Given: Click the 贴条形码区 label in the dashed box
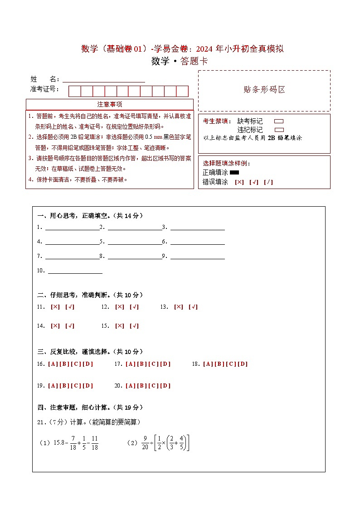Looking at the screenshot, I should pyautogui.click(x=264, y=90).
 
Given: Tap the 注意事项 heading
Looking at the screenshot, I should pyautogui.click(x=109, y=104).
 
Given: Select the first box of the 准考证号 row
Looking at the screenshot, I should pyautogui.click(x=74, y=91).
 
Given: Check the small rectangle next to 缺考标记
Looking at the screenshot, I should pyautogui.click(x=279, y=121).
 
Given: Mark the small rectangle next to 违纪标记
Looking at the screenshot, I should pyautogui.click(x=279, y=130).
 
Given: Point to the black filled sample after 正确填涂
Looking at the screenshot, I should pyautogui.click(x=234, y=172).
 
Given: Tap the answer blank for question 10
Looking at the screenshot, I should pyautogui.click(x=75, y=271).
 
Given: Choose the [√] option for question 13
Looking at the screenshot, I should pyautogui.click(x=193, y=307).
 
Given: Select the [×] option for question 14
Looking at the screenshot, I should pyautogui.click(x=55, y=326).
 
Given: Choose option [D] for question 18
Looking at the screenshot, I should pyautogui.click(x=243, y=364).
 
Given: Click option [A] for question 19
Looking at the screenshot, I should pyautogui.click(x=53, y=386).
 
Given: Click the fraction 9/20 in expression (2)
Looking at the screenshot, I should pyautogui.click(x=145, y=443).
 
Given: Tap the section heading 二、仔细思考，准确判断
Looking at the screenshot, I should pyautogui.click(x=90, y=295).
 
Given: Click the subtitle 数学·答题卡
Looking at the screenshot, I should pyautogui.click(x=180, y=61).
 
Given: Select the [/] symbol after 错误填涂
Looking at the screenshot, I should pyautogui.click(x=268, y=182).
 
